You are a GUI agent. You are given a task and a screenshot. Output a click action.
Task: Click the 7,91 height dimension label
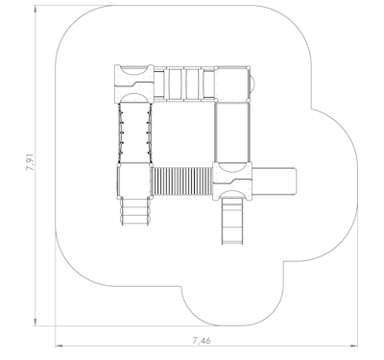30,161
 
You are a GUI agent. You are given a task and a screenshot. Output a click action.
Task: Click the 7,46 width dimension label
202,341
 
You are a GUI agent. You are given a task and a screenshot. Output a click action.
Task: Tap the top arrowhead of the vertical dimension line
35,9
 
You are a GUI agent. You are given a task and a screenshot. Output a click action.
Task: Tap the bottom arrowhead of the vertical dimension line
35,322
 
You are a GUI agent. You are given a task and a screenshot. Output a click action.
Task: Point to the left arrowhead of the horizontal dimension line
59,346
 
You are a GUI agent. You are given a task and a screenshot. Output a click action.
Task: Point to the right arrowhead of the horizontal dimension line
354,346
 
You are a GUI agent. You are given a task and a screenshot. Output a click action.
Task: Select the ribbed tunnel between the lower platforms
181,181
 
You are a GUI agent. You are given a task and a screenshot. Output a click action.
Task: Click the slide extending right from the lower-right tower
274,180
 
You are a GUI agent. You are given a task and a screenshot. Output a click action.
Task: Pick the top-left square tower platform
134,84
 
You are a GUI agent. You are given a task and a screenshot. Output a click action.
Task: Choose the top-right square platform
232,84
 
